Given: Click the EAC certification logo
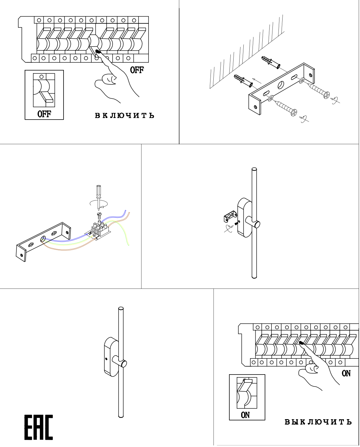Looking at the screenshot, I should tap(39, 427).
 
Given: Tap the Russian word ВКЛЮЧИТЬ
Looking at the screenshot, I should tap(125, 115).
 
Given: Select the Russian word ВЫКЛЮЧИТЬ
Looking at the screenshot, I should tap(318, 422).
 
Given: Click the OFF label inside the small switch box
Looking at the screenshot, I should tap(44, 114).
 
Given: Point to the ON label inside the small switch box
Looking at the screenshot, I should tap(245, 415).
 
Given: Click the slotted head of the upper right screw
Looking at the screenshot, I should tap(327, 94).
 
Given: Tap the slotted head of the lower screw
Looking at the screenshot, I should tap(294, 112).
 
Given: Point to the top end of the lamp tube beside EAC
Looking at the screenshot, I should tap(121, 309).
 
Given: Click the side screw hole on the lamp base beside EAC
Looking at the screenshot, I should tap(106, 359).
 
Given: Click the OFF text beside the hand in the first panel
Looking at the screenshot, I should tap(137, 70).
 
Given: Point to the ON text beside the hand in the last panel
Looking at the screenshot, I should tap(346, 373).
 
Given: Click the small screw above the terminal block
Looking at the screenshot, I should tap(98, 216).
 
